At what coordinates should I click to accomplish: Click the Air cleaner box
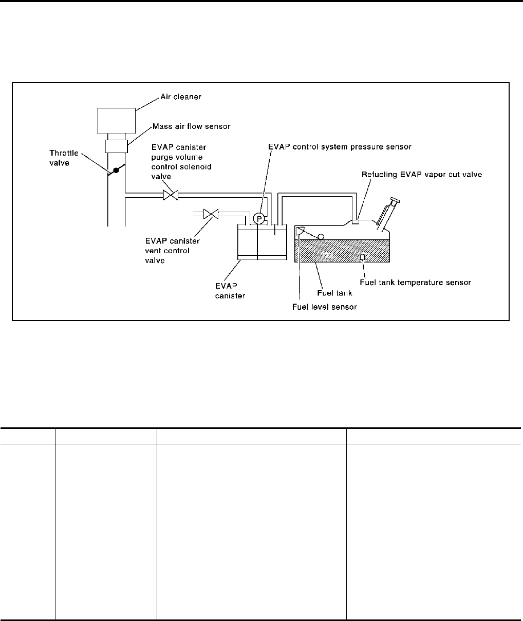pyautogui.click(x=116, y=120)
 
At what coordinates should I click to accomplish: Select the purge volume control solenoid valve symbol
pyautogui.click(x=170, y=195)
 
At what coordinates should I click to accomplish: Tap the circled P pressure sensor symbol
pyautogui.click(x=260, y=219)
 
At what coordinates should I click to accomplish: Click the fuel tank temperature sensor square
pyautogui.click(x=363, y=257)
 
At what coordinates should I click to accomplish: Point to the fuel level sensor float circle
pyautogui.click(x=321, y=237)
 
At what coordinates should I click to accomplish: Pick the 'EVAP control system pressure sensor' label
pyautogui.click(x=340, y=146)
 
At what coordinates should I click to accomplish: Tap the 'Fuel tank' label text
pyautogui.click(x=337, y=293)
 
